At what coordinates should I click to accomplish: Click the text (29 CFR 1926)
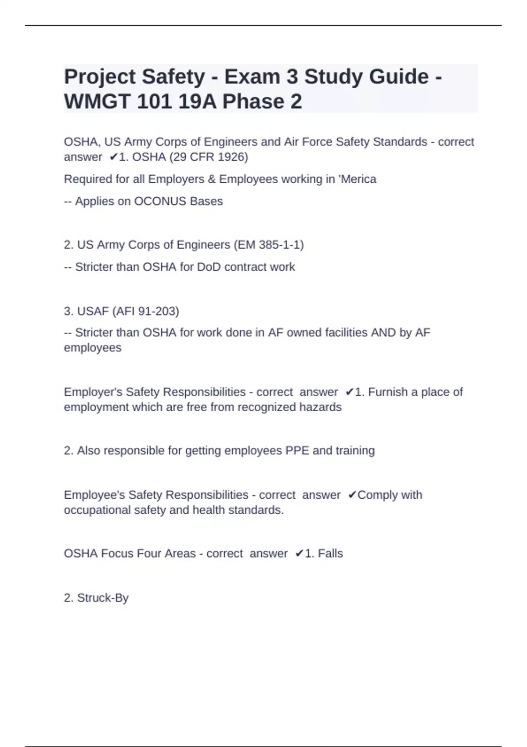(x=209, y=157)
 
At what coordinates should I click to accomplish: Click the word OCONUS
(x=159, y=201)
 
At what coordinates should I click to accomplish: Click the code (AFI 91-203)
(x=146, y=311)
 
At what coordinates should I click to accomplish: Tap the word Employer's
(x=93, y=392)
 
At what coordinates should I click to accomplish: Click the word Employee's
(x=94, y=495)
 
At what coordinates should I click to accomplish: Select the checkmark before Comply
(x=352, y=495)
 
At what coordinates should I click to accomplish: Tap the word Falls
(x=330, y=554)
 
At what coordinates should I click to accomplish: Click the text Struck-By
(x=103, y=598)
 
